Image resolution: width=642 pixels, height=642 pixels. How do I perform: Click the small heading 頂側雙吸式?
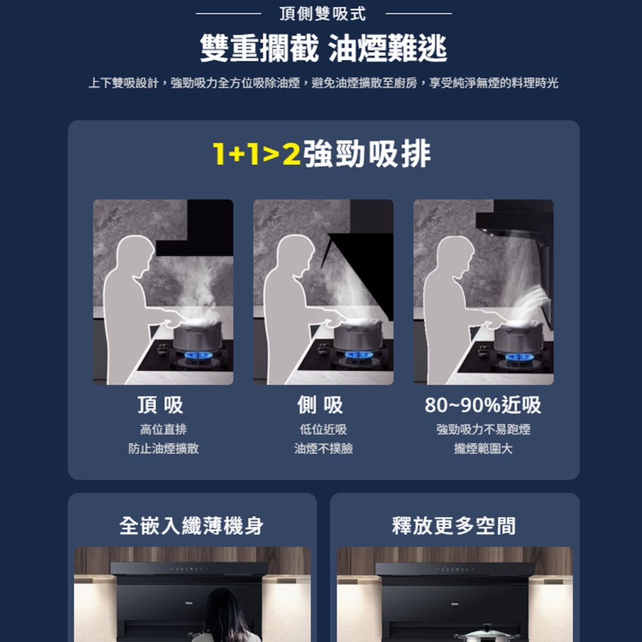323,13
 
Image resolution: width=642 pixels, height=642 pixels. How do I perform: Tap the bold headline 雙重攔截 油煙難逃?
323,48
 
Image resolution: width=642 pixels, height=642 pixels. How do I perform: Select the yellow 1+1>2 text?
257,154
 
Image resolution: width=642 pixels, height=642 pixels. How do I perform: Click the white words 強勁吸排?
367,153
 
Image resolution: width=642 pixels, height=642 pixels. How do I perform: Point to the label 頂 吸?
160,404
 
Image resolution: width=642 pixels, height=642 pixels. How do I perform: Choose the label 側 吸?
320,404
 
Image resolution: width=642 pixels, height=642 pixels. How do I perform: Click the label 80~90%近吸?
483,405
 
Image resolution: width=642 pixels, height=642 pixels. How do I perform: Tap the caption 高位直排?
163,429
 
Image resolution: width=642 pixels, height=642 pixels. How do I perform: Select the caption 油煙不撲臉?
324,448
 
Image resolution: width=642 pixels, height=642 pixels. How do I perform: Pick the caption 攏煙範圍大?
483,448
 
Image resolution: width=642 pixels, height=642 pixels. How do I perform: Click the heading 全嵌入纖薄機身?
191,526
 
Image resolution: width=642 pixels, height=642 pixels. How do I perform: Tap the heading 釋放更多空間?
454,526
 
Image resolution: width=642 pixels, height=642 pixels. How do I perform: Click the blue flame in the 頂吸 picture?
198,355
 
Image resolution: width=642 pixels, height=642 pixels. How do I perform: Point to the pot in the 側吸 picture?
358,334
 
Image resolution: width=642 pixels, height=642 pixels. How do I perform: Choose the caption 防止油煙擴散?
163,448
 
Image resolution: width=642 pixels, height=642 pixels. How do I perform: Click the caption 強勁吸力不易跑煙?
483,429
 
